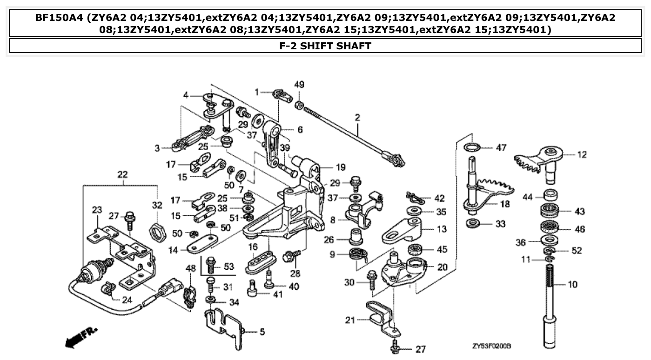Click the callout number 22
(122, 174)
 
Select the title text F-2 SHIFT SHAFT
(325, 46)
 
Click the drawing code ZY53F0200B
(491, 347)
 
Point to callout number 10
(572, 284)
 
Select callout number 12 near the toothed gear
(582, 154)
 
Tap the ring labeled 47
(472, 147)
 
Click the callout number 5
(262, 332)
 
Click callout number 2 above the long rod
(357, 118)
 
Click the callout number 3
(158, 148)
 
